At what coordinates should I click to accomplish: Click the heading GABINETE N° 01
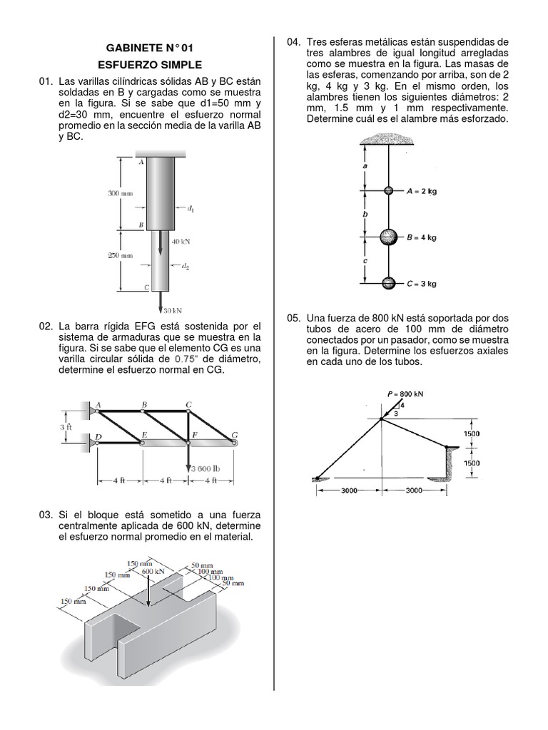[149, 48]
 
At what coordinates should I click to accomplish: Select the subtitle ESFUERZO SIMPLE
[149, 65]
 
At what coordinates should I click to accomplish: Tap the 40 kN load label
[181, 242]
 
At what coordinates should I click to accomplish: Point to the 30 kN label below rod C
[173, 310]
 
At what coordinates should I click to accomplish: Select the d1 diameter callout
[191, 209]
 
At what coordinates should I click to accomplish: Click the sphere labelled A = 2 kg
[388, 191]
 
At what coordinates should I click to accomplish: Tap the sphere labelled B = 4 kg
[387, 237]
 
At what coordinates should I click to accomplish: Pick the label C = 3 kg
[422, 283]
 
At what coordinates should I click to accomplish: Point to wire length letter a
[365, 165]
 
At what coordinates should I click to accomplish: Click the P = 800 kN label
[405, 394]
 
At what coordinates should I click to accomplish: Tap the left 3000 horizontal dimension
[350, 490]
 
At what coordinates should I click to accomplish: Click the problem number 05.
[293, 317]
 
